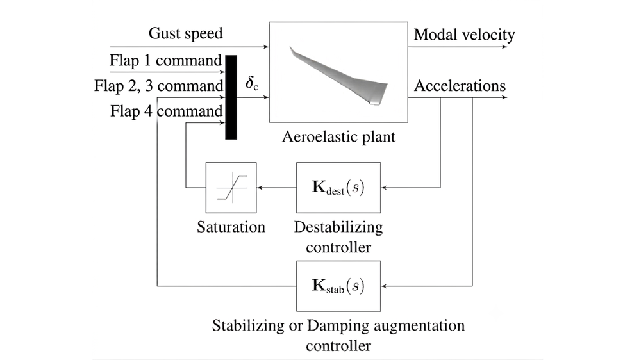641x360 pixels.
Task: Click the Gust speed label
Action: click(x=186, y=33)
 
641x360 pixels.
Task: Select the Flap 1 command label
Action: click(x=165, y=60)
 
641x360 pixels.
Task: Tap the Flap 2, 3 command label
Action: click(x=159, y=86)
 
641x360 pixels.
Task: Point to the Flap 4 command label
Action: click(x=167, y=111)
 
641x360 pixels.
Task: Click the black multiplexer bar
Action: click(x=231, y=97)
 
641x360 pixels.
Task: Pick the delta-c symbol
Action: click(x=251, y=83)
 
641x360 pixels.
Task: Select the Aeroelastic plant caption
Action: click(x=338, y=136)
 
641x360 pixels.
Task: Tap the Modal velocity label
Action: click(x=464, y=35)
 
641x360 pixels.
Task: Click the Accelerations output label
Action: click(x=460, y=86)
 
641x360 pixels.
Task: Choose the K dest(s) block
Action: click(x=338, y=188)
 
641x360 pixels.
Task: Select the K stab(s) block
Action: click(x=338, y=286)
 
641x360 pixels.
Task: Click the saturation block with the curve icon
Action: click(x=231, y=188)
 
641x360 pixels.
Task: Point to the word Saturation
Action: click(x=231, y=227)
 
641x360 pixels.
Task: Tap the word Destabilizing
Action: click(x=338, y=227)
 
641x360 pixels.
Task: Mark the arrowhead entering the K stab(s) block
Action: click(x=384, y=286)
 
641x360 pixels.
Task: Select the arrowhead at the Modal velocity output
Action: click(x=504, y=47)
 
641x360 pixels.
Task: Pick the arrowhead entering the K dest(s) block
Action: click(x=384, y=188)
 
